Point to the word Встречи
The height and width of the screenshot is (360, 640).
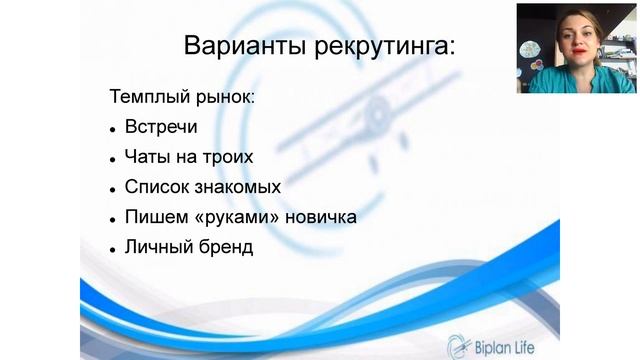(162, 128)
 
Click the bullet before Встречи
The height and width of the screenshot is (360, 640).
(112, 130)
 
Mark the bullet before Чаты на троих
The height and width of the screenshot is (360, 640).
(112, 159)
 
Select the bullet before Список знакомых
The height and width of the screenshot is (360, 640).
(112, 188)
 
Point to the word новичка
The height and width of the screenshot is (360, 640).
(321, 216)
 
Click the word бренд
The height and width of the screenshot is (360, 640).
(225, 245)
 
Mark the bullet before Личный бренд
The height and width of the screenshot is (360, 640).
(112, 247)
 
